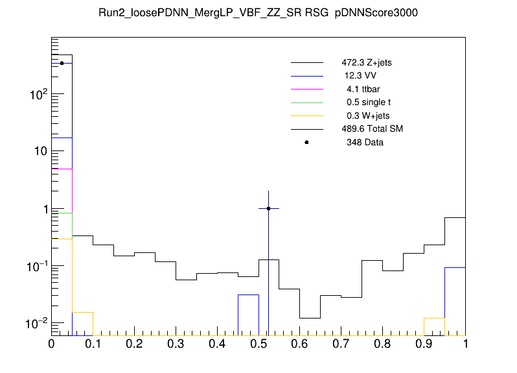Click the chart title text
tap(258, 15)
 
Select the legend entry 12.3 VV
tap(360, 76)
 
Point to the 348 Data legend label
tap(365, 142)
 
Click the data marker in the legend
tap(306, 142)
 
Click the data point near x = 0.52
tap(268, 208)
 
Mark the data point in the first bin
tap(62, 63)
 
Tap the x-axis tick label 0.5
tap(258, 344)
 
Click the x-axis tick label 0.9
tap(424, 344)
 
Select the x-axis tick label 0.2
tap(134, 344)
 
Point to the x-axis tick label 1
tap(465, 344)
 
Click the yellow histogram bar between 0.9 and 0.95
tap(434, 326)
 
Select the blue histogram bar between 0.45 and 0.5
tap(248, 315)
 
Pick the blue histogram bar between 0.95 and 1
tap(455, 301)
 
